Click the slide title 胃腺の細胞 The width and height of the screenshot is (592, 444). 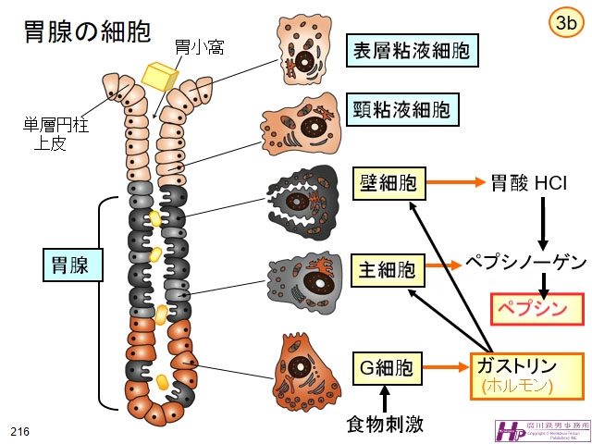(87, 34)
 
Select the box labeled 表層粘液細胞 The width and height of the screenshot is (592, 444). (413, 51)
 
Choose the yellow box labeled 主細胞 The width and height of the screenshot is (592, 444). (387, 271)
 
